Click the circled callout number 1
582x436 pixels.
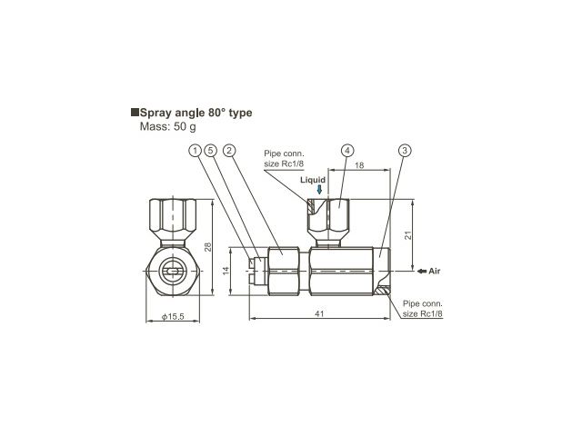coord(195,151)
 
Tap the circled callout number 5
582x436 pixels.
coord(210,151)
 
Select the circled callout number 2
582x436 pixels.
coord(229,151)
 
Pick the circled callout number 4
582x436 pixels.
coord(347,151)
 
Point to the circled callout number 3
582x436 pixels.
coord(405,151)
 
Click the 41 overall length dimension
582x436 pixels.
coord(319,313)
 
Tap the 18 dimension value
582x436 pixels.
coord(359,165)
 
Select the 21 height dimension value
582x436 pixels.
coord(408,235)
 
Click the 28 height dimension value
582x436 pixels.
coord(208,247)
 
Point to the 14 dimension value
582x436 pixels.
coord(226,271)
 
